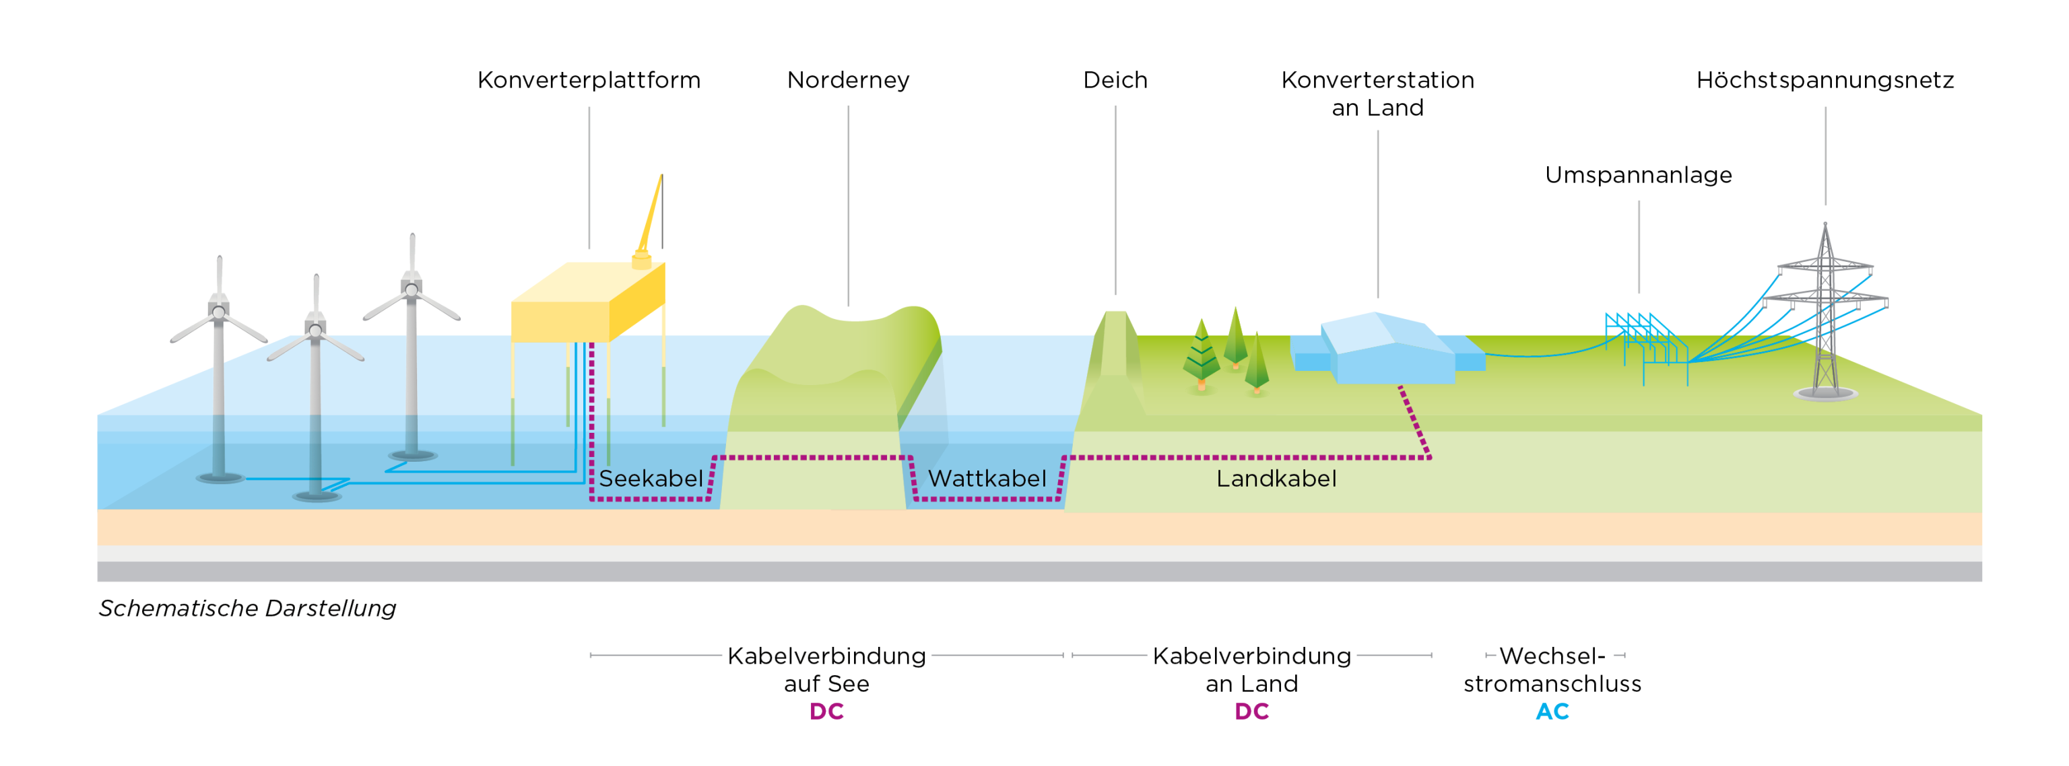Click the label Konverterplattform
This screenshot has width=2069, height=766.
pos(589,80)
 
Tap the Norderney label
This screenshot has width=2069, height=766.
pos(848,80)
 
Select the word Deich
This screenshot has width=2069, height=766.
pos(1115,80)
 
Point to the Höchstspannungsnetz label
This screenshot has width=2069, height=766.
pos(1825,80)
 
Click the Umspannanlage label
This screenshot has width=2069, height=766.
pos(1639,175)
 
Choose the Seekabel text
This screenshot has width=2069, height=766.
pos(651,479)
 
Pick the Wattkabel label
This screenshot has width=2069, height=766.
pos(987,479)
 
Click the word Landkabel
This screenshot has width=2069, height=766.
pos(1276,479)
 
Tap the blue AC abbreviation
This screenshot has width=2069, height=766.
pos(1552,711)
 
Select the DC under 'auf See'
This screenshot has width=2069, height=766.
pos(826,711)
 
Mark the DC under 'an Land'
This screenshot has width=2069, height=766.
pos(1251,711)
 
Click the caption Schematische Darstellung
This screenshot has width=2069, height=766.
pos(247,608)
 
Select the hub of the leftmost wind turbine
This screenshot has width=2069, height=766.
pos(218,312)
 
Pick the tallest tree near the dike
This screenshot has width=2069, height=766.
pos(1235,337)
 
